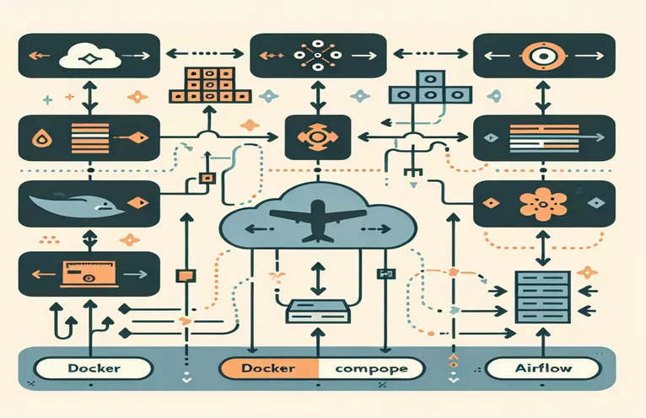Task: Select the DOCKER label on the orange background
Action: (x=267, y=368)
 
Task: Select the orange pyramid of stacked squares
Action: (x=200, y=86)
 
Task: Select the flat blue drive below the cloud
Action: (x=316, y=312)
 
